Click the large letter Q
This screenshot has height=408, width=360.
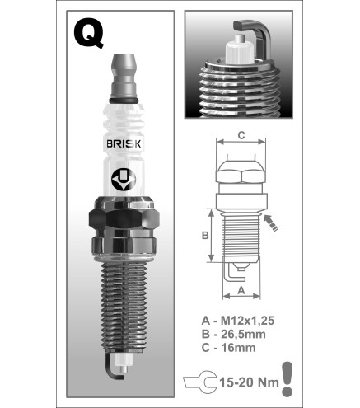click(x=88, y=34)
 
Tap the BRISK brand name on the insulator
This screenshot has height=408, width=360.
click(x=124, y=143)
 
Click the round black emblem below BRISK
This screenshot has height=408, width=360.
click(x=124, y=180)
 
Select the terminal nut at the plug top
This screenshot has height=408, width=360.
click(x=124, y=76)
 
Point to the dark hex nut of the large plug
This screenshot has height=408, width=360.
click(x=124, y=219)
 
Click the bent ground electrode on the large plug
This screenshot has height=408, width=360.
click(x=113, y=368)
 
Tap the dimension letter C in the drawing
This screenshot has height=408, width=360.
click(x=241, y=135)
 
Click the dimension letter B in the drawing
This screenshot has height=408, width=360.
click(x=205, y=236)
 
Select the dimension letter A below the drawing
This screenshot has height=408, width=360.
click(x=241, y=290)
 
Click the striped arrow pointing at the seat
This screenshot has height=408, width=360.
click(x=271, y=223)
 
